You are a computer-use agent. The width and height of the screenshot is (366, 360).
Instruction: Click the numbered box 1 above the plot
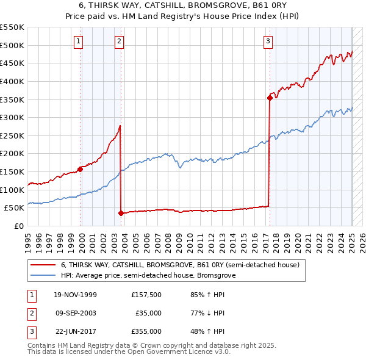[x=79, y=41]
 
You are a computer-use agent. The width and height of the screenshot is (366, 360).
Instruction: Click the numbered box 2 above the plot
[x=119, y=41]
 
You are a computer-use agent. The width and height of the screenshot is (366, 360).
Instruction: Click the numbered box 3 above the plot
[x=268, y=41]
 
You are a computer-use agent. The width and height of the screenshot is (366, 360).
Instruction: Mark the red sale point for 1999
[x=81, y=169]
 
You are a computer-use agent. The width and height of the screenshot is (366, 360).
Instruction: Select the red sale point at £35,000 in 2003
[x=121, y=213]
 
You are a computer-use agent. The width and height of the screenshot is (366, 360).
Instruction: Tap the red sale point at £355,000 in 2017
[x=270, y=97]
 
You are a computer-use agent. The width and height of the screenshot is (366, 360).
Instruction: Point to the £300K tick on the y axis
[x=13, y=117]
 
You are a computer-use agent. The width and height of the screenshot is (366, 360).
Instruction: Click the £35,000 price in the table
[x=148, y=313]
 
